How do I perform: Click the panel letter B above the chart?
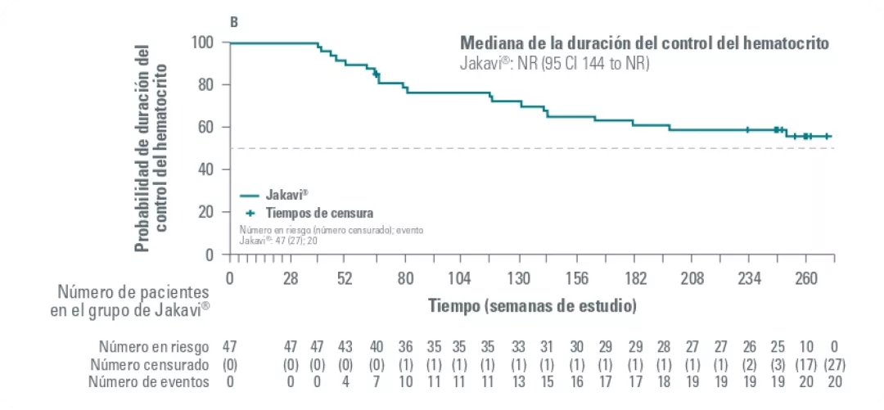(234, 23)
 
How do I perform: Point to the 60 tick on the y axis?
(205, 127)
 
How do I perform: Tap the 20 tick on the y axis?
(205, 212)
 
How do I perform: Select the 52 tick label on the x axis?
(345, 277)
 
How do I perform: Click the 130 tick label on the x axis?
(519, 277)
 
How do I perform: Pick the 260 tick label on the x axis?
(806, 277)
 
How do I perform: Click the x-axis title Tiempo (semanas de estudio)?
(532, 306)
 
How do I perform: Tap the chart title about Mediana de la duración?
(645, 43)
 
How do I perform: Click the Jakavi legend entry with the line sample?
(274, 195)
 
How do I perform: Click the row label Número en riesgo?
(154, 346)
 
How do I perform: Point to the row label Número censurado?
(150, 364)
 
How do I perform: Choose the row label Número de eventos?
(149, 381)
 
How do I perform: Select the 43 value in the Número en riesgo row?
(345, 346)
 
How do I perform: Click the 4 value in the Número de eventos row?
(345, 381)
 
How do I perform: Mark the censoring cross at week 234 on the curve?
(747, 129)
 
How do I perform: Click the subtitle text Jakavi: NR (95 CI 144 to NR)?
(554, 64)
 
